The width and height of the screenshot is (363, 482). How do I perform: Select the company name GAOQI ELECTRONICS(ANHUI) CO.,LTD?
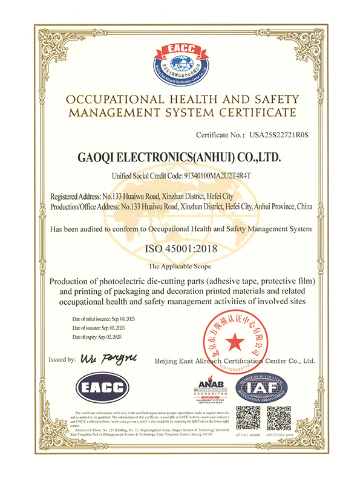coord(181,157)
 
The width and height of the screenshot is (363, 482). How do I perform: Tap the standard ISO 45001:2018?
coord(181,249)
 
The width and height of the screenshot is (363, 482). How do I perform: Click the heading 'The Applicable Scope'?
coord(181,266)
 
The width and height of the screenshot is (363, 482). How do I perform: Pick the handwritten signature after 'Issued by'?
coord(104,358)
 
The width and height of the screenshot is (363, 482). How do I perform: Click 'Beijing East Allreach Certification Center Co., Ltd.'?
coord(235,361)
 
